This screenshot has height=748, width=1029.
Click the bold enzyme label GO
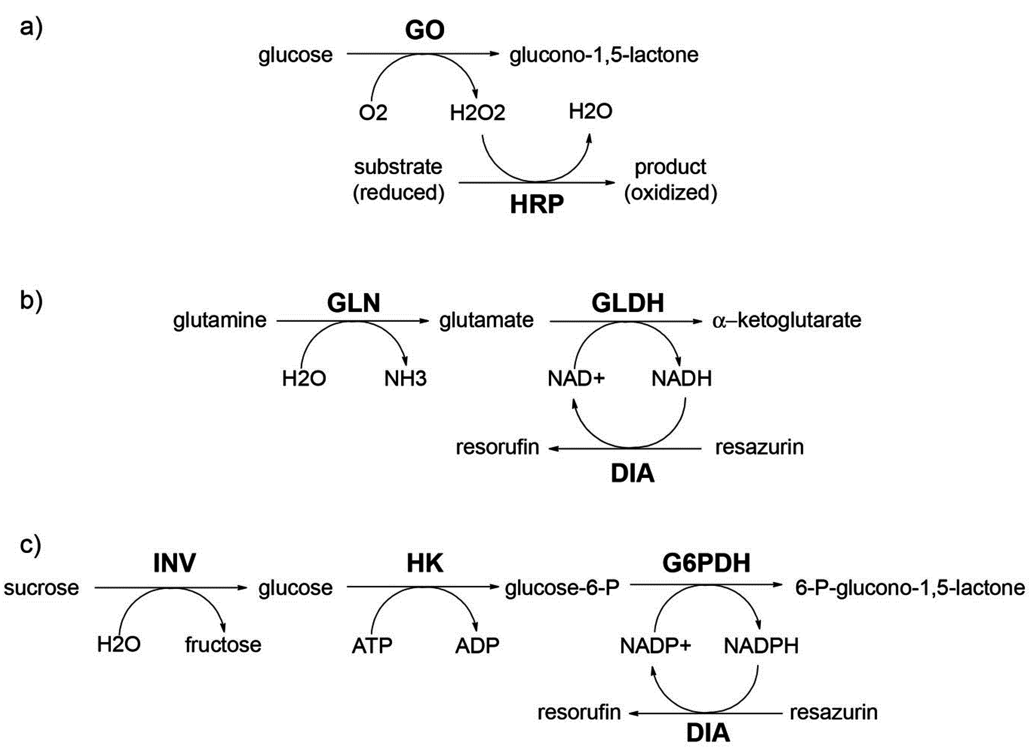(424, 30)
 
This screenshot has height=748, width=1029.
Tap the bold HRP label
(537, 204)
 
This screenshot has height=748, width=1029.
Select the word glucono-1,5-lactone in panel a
(603, 55)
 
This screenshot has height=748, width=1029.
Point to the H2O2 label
(477, 112)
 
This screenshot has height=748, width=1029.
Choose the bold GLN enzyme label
(353, 303)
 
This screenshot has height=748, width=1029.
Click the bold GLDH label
(628, 303)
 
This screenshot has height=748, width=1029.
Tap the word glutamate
(486, 320)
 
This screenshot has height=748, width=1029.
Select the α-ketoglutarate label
(786, 320)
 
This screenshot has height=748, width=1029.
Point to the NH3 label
(405, 379)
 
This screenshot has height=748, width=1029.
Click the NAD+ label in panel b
(576, 379)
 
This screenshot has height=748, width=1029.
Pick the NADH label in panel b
(681, 379)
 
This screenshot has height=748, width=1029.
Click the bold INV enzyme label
(174, 563)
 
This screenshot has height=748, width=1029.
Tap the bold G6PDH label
(706, 563)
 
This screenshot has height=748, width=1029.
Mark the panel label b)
(31, 300)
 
